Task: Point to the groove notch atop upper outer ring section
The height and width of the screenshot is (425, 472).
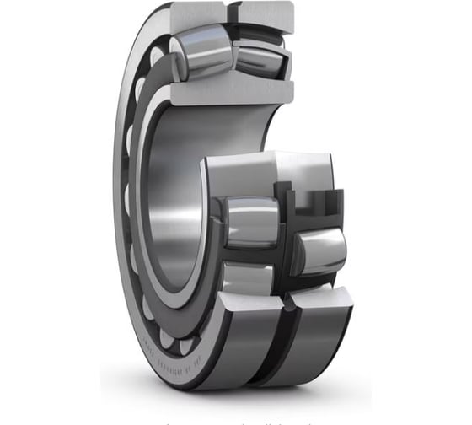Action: pos(230,12)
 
